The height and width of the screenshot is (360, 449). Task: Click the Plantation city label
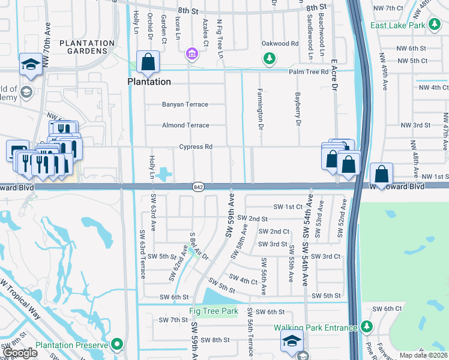[x=149, y=82]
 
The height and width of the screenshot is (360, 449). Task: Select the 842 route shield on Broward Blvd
[x=199, y=187]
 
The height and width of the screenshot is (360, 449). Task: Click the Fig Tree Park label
[x=213, y=311]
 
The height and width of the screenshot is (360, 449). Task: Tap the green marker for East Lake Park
[x=433, y=25]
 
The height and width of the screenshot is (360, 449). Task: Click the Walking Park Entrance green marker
[x=366, y=328]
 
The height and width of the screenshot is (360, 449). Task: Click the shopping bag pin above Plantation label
[x=147, y=61]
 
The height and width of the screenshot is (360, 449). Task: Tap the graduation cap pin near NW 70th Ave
[x=29, y=64]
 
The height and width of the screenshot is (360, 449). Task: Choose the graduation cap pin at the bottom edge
[x=291, y=342]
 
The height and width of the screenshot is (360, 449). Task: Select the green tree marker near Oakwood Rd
[x=270, y=58]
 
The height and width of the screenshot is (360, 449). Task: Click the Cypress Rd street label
[x=196, y=146]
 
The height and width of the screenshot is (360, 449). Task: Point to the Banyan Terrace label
[x=185, y=104]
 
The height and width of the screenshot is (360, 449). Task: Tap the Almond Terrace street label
[x=185, y=125]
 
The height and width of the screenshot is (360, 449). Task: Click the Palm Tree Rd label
[x=308, y=71]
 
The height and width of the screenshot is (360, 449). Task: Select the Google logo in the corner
[x=20, y=353]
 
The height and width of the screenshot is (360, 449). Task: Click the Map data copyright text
[x=423, y=355]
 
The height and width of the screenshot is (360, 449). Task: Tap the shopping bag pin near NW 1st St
[x=381, y=174]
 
